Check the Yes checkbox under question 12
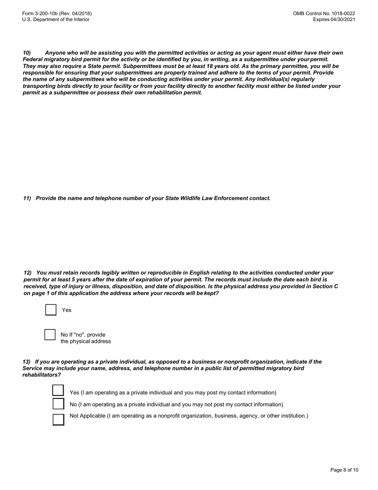tap(51, 310)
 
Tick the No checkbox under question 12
tap(50, 335)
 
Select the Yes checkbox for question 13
tap(58, 391)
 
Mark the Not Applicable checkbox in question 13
tap(58, 419)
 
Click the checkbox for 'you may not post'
tap(58, 404)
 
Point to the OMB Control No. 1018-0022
tap(324, 14)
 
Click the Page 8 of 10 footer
tap(344, 470)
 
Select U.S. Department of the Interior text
tap(56, 20)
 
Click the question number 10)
tap(27, 53)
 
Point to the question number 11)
tap(27, 198)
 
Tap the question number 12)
tap(27, 272)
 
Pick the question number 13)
tap(26, 362)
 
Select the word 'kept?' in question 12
tap(211, 293)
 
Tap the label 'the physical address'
tap(86, 341)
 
